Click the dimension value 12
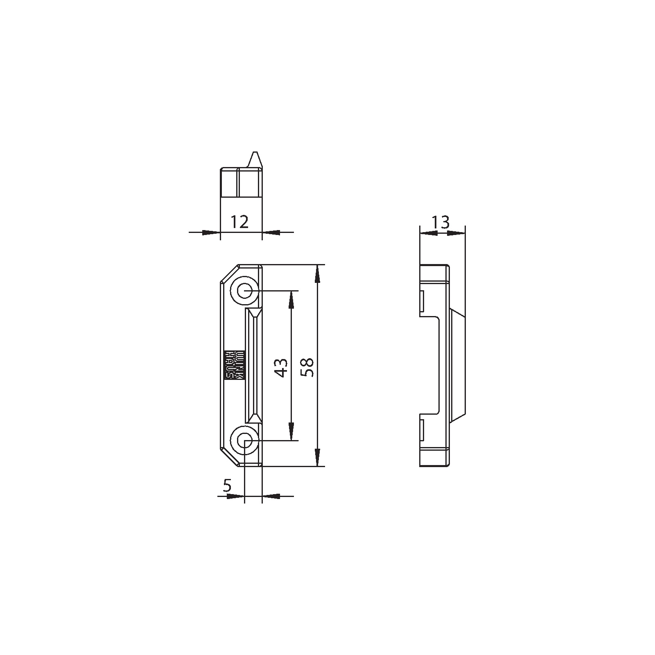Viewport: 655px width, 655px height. point(239,222)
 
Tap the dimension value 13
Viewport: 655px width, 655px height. point(440,222)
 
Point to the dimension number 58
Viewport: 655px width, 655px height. point(307,367)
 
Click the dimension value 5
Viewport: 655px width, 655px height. point(227,486)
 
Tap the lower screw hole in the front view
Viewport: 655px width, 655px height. point(245,440)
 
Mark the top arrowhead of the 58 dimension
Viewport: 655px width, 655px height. point(317,274)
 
